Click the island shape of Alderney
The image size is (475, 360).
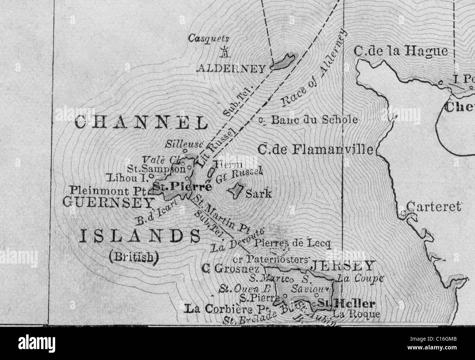pos(284,61)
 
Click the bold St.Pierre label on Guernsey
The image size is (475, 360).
pos(182,187)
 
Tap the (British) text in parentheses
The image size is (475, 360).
pos(134,257)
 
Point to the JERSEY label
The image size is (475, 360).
pos(342,265)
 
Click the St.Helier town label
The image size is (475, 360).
pos(346,303)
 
